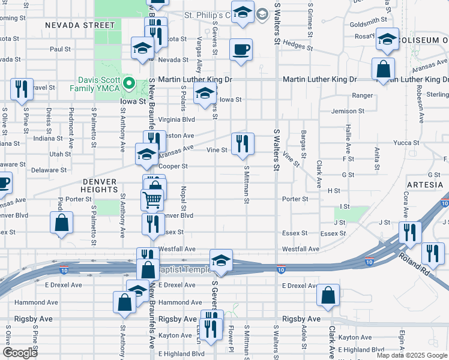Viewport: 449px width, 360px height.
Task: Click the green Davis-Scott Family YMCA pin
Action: pos(128,83)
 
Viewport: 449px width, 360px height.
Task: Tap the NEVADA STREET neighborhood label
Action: pos(79,25)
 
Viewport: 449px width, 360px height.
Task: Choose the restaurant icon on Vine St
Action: pos(243,143)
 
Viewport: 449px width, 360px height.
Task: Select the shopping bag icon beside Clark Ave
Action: pos(328,295)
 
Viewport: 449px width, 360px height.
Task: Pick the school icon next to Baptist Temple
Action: pos(221,261)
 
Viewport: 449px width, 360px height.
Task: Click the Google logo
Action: pos(21,353)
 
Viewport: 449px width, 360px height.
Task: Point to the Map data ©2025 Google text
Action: pos(412,355)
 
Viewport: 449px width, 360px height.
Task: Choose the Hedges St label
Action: pos(294,43)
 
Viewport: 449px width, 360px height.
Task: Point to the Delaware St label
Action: pos(49,170)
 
